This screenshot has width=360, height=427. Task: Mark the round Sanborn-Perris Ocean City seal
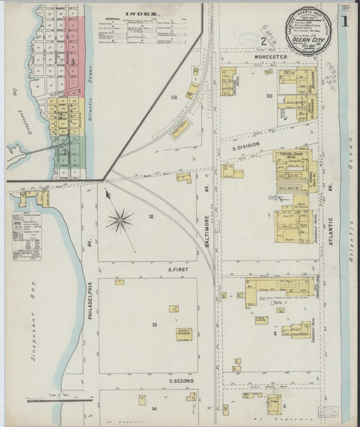point(302,27)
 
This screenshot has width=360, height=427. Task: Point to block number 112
point(174,98)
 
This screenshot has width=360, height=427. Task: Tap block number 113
point(269,97)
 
